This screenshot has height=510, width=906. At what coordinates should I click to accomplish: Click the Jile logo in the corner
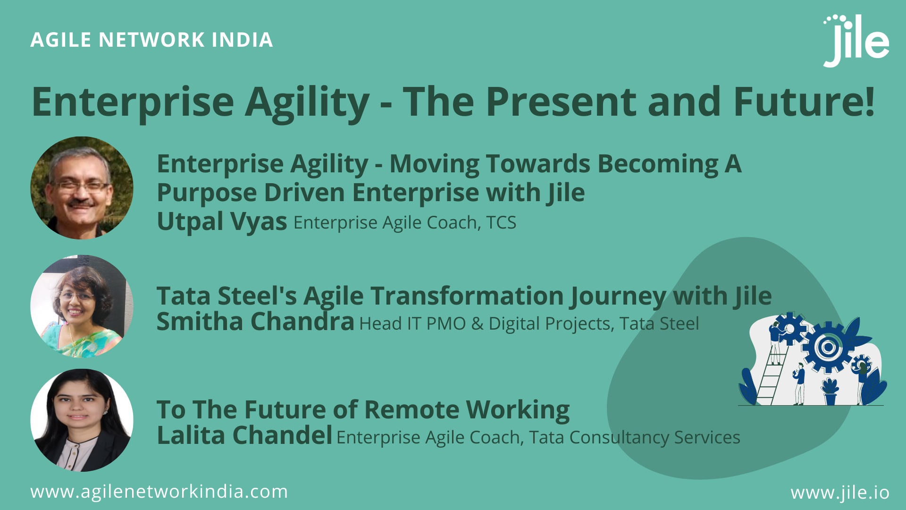click(856, 42)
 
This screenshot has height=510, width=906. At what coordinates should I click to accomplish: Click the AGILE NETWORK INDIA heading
click(151, 40)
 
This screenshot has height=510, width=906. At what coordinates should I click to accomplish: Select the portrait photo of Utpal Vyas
click(82, 188)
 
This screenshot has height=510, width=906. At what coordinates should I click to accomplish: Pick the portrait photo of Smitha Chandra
click(82, 306)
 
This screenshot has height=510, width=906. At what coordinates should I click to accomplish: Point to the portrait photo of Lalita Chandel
click(82, 420)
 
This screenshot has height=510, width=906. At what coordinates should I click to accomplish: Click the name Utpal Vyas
click(222, 221)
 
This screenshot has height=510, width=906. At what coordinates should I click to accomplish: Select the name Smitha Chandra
click(255, 322)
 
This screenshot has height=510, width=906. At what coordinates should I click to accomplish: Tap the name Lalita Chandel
click(244, 435)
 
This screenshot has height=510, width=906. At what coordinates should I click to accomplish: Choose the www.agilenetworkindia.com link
click(159, 492)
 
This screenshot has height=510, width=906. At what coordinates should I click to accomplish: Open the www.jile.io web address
click(840, 493)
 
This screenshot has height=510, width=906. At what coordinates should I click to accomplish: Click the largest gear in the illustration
click(827, 348)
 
